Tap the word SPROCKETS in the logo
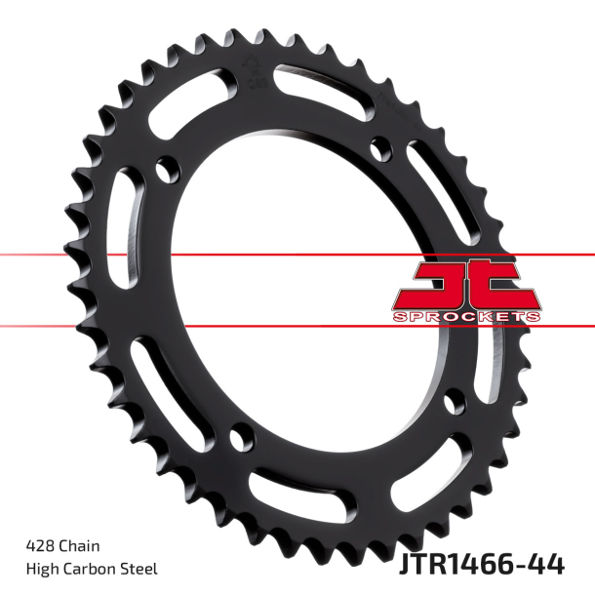point(467,316)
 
